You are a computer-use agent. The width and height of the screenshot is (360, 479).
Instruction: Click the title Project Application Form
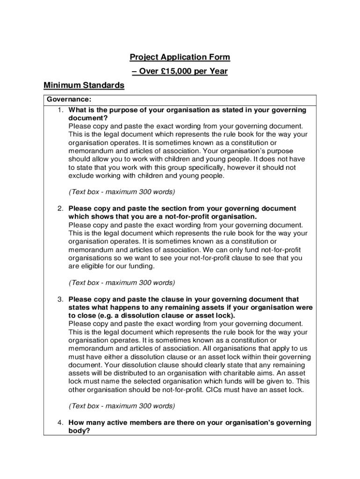pos(180,57)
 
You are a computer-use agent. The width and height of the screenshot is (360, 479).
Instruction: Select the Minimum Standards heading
pos(84,86)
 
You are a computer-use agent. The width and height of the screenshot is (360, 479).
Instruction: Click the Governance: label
pos(69,100)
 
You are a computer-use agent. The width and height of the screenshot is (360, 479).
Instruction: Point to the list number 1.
pos(60,110)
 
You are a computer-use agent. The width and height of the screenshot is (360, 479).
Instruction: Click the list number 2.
pos(60,209)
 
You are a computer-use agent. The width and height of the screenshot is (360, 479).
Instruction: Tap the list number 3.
pos(60,299)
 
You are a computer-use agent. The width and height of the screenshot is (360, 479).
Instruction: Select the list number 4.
pos(60,423)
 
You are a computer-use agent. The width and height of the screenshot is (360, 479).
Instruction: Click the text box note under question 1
pos(122,192)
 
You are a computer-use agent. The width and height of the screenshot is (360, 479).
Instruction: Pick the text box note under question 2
pos(122,283)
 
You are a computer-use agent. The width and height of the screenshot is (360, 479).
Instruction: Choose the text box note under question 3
pos(122,406)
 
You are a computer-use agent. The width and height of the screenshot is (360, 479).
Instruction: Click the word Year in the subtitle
pos(218,72)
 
